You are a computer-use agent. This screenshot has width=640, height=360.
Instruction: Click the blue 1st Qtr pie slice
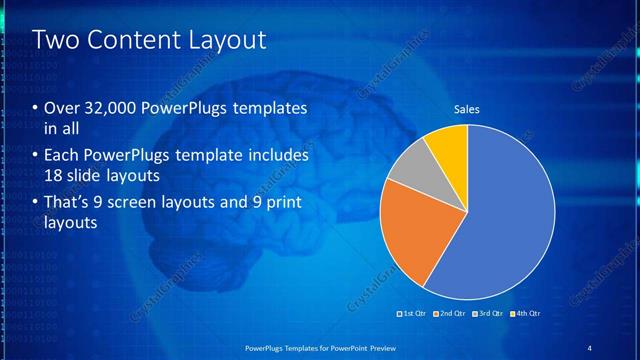(510, 215)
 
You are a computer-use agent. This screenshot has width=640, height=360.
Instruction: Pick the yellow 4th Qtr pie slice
(450, 145)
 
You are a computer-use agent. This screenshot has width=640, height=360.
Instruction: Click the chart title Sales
(467, 109)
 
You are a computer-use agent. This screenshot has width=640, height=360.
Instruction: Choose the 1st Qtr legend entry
(414, 314)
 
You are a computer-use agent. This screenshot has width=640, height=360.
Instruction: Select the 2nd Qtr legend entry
(451, 314)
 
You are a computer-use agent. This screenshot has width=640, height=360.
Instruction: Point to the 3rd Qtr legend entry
(488, 314)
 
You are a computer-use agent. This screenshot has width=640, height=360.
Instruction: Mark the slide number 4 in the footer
(589, 347)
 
